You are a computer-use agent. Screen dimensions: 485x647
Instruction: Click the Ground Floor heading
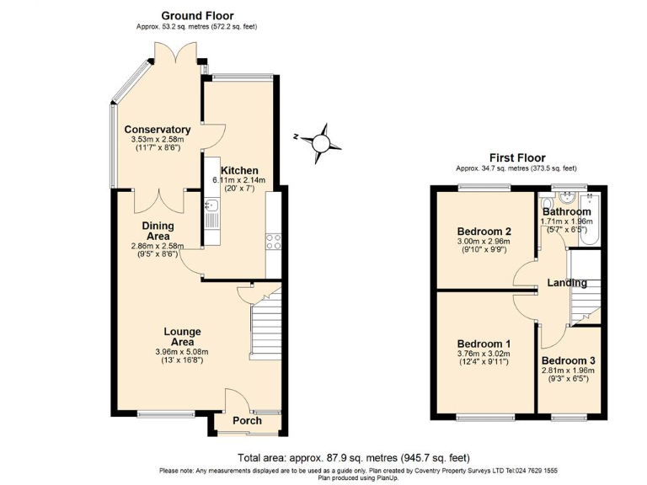[196, 15]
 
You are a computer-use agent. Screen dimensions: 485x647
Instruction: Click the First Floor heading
[517, 157]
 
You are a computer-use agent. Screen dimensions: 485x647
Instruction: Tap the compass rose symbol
[322, 141]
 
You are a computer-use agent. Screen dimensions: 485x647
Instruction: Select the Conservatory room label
[158, 130]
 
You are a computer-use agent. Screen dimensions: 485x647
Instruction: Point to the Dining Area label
[158, 231]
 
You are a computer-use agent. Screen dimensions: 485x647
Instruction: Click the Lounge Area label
[183, 337]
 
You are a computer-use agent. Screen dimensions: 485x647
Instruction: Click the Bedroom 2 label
[484, 232]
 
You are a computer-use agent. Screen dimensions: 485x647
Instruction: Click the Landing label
[566, 283]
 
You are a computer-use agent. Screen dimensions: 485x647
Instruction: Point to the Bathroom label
[566, 211]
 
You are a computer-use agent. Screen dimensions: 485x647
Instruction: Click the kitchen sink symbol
[211, 205]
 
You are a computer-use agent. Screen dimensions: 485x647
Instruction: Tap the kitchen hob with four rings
[274, 242]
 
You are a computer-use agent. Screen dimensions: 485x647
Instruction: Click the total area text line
[354, 457]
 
